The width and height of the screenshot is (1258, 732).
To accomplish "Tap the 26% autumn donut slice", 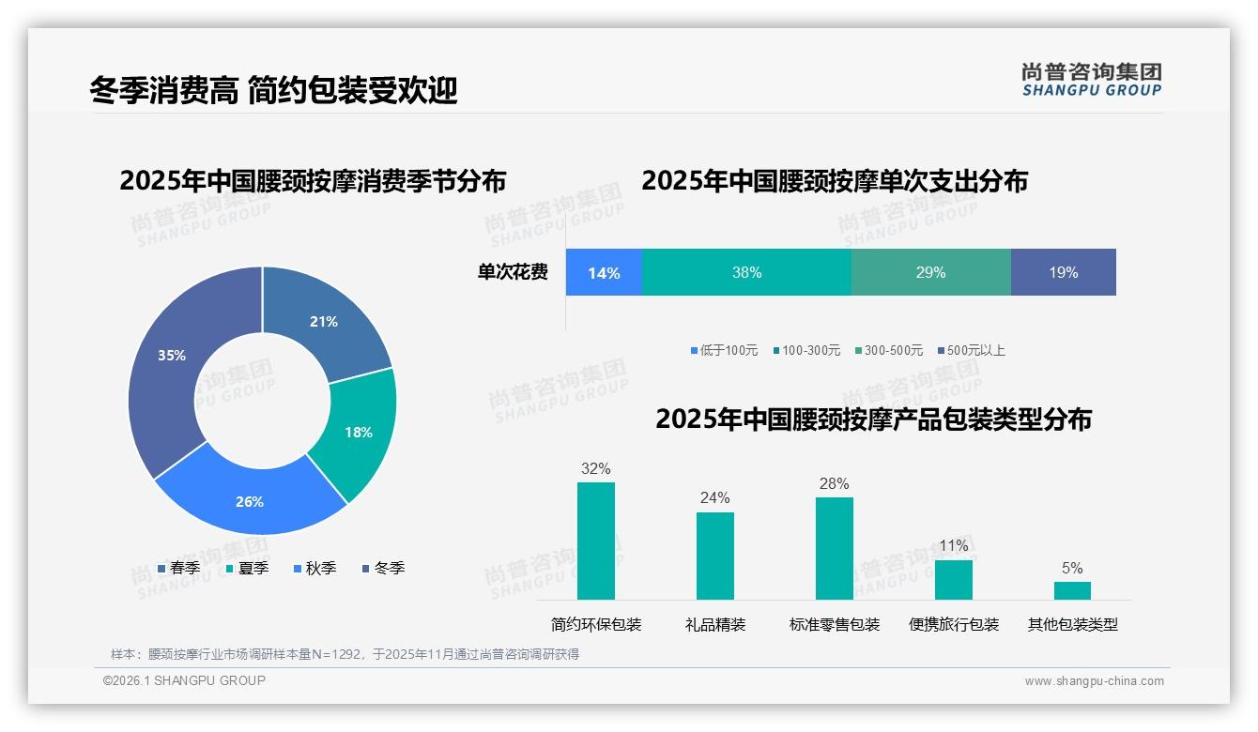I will pyautogui.click(x=248, y=497).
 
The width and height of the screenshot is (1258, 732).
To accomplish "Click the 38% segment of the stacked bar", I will pyautogui.click(x=746, y=272).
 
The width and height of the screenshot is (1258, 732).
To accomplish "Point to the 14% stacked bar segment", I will pyautogui.click(x=604, y=272).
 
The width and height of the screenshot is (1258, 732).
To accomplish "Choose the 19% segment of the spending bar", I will pyautogui.click(x=1063, y=272).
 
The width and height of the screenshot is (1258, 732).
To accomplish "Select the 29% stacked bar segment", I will pyautogui.click(x=930, y=272).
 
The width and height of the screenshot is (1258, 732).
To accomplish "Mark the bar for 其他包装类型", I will pyautogui.click(x=1072, y=590).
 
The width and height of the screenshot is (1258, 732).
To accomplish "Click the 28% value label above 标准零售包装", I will pyautogui.click(x=834, y=484).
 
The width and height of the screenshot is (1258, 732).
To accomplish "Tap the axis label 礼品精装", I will pyautogui.click(x=715, y=625).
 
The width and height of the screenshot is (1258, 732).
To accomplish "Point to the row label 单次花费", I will pyautogui.click(x=513, y=272).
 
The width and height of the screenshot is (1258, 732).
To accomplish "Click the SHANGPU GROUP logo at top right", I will pyautogui.click(x=1092, y=79).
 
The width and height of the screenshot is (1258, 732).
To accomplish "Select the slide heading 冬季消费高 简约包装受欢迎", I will pyautogui.click(x=273, y=91).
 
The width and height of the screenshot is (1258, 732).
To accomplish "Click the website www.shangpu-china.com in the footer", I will pyautogui.click(x=1094, y=681).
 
